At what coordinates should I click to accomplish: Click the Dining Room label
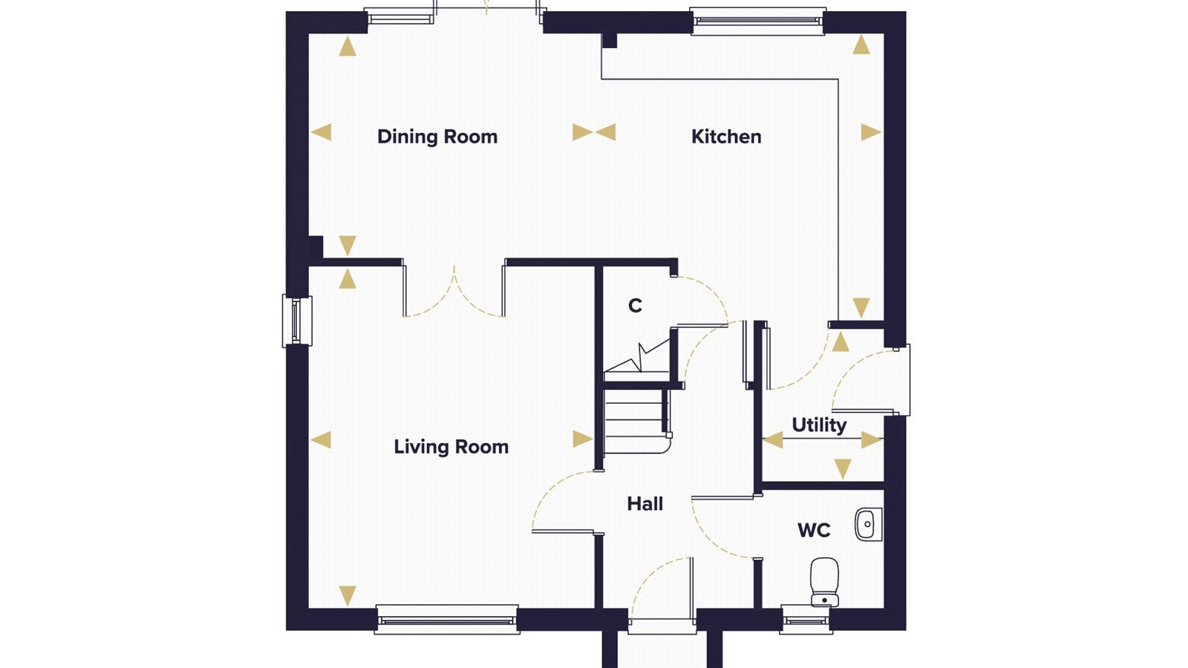click(437, 137)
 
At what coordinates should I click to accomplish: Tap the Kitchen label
click(726, 137)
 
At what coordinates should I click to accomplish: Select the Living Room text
click(451, 447)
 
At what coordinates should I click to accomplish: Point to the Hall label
click(645, 504)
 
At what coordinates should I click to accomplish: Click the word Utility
click(819, 425)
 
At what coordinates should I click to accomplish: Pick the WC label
click(814, 530)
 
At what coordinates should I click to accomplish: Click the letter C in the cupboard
click(635, 305)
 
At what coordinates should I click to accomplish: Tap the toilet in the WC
click(825, 582)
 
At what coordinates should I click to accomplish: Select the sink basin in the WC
click(868, 524)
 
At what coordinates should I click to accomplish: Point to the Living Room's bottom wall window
click(446, 619)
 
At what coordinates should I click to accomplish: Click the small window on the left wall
click(297, 321)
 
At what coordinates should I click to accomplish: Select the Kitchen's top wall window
click(758, 22)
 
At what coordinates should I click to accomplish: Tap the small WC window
click(806, 619)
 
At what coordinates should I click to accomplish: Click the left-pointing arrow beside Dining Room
click(321, 132)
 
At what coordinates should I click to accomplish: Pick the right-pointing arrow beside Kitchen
click(871, 132)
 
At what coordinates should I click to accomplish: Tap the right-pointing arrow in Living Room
click(583, 439)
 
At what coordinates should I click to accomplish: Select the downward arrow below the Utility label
click(843, 469)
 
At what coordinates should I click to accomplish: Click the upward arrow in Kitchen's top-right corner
click(861, 45)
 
